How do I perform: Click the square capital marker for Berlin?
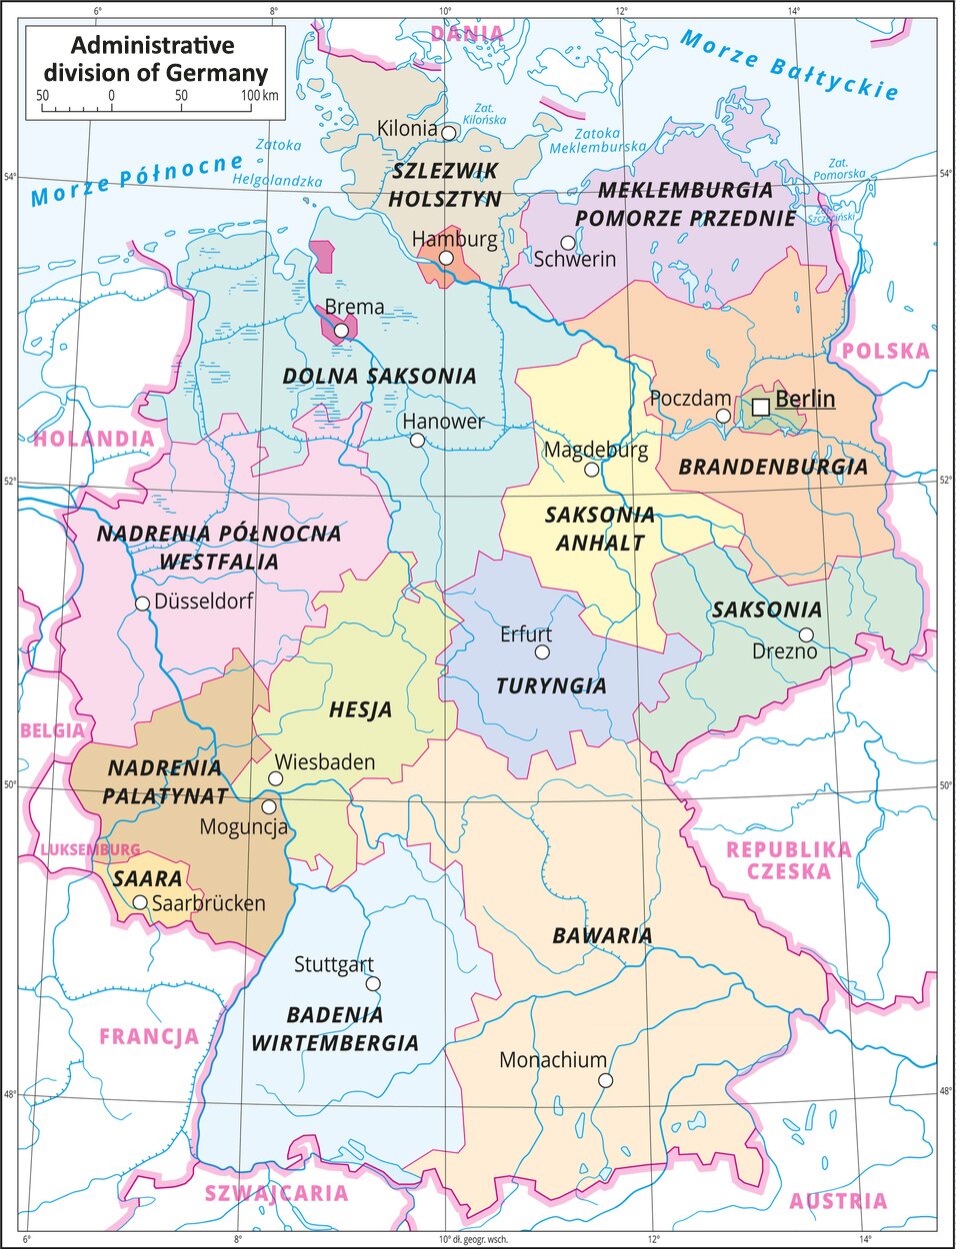tap(761, 407)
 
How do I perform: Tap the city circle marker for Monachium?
tap(605, 1080)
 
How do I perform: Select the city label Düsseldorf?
tap(203, 602)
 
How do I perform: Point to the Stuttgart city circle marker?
tap(373, 984)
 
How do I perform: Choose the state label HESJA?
tap(360, 710)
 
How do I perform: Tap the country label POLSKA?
tap(885, 351)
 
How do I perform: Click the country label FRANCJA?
tap(149, 1036)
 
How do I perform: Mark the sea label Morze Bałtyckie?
tap(789, 65)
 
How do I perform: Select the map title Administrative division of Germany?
tap(155, 59)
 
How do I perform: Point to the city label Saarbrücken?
tap(209, 903)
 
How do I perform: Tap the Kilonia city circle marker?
tap(450, 132)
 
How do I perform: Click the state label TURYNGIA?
tap(551, 686)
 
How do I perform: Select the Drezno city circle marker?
tap(806, 635)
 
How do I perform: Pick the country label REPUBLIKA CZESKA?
tap(788, 860)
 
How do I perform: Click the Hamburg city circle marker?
tap(447, 258)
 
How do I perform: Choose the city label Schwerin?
tap(574, 260)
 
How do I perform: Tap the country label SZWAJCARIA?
tap(276, 1193)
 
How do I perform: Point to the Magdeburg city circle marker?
tap(592, 470)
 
